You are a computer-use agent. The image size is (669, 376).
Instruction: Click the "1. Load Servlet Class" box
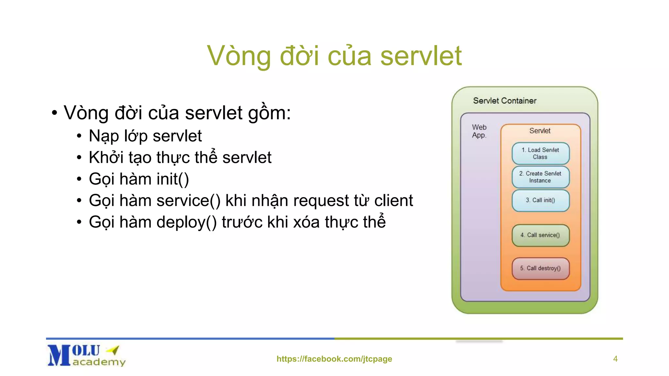[x=540, y=153]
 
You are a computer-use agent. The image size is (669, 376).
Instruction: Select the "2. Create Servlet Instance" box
[x=540, y=177]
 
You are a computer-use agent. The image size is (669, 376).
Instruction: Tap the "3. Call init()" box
[x=540, y=200]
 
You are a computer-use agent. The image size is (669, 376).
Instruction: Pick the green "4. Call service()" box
[x=540, y=235]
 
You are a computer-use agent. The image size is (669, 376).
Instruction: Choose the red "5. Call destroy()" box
[x=540, y=268]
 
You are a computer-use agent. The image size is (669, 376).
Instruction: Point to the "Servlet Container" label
[x=505, y=101]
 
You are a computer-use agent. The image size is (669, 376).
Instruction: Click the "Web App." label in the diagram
[x=479, y=131]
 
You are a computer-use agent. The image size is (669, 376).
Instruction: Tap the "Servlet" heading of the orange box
[x=540, y=131]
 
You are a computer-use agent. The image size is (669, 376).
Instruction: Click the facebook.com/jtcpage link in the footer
[x=334, y=359]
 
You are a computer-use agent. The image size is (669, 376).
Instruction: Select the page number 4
[x=615, y=359]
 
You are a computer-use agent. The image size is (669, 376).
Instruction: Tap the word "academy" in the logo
[x=99, y=362]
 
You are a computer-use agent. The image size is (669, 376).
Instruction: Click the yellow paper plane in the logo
[x=113, y=350]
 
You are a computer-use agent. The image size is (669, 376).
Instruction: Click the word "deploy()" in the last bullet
[x=186, y=222]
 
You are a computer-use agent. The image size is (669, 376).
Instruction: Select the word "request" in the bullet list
[x=321, y=201]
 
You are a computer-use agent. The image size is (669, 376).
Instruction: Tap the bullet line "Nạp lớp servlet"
[x=145, y=136]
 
